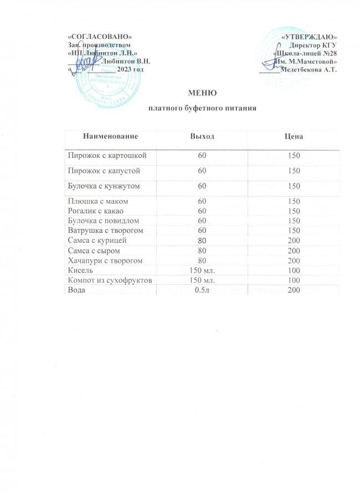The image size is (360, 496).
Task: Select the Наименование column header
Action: tap(111, 136)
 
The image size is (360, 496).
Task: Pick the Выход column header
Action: tap(202, 136)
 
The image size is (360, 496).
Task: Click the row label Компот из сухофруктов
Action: tap(110, 280)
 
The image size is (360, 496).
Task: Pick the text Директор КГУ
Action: tap(313, 45)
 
